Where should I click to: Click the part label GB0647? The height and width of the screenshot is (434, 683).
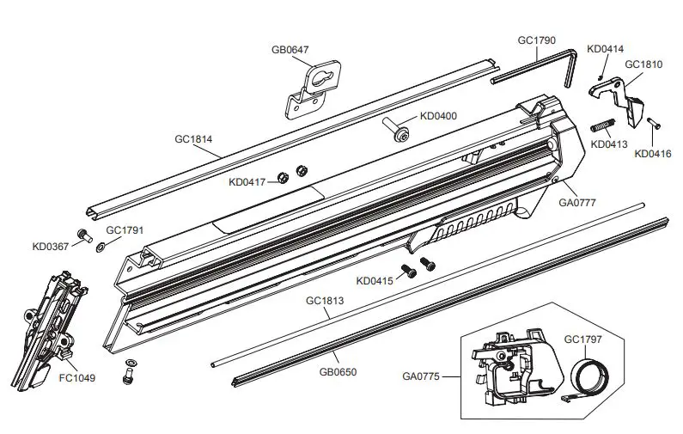(290, 51)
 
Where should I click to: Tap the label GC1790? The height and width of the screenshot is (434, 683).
(537, 40)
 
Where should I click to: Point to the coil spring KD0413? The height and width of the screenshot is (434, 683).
(601, 125)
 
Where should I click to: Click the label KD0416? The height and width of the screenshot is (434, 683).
(653, 154)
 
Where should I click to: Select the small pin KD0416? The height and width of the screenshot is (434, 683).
(652, 122)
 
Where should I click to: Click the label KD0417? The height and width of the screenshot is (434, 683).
(247, 181)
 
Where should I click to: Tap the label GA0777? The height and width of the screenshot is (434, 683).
(577, 203)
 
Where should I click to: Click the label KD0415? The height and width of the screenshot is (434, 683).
(374, 280)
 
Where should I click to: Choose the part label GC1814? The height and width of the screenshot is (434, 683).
(193, 138)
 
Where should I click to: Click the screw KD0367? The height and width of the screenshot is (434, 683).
(84, 234)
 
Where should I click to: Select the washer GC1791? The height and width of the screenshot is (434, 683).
(101, 248)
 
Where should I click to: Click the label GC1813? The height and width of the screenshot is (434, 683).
(324, 302)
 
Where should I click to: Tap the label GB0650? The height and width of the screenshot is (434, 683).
(338, 372)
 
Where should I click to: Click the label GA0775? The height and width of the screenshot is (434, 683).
(420, 374)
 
